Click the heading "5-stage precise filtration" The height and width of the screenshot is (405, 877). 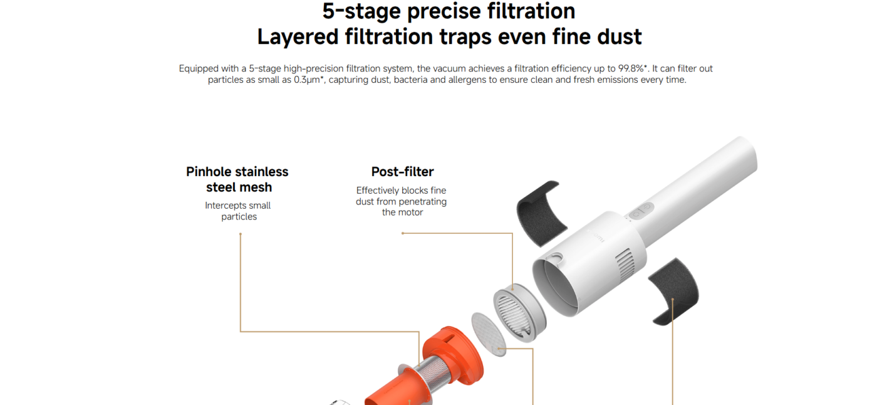[449, 11]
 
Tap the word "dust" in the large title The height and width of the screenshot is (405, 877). [620, 37]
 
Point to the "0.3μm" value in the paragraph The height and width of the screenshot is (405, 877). [307, 80]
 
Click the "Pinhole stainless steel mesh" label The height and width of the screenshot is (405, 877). [237, 179]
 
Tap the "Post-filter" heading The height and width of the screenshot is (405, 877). [402, 172]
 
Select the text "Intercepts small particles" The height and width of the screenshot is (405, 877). [238, 211]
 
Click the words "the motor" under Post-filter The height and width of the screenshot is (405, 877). [402, 213]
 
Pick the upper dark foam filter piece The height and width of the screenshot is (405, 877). [541, 213]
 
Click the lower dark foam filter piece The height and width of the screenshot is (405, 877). [674, 291]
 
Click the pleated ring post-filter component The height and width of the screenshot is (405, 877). [519, 313]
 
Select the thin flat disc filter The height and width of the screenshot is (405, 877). [489, 334]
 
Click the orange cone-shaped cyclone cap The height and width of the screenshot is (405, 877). [454, 354]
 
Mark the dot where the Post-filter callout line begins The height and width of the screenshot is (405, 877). [402, 233]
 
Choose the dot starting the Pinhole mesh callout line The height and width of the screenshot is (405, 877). [241, 234]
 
